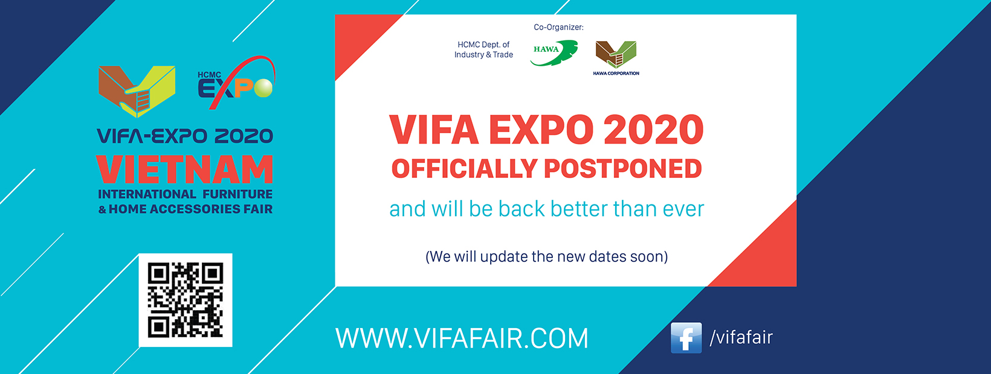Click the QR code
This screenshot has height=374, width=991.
(186, 300)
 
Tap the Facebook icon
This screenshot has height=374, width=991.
(686, 338)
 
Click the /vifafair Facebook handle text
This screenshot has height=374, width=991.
(741, 337)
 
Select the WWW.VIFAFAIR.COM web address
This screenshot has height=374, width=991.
(462, 338)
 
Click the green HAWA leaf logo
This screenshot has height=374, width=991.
(554, 53)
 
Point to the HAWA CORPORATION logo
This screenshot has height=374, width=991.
(616, 58)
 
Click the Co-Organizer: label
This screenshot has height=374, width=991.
(558, 27)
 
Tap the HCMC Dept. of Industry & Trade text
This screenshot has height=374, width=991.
(483, 49)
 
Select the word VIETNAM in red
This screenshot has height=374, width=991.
(184, 170)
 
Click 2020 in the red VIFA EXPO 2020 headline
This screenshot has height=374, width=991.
(653, 130)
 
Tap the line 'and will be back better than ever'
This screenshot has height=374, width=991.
(546, 209)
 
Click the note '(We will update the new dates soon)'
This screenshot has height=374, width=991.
(546, 256)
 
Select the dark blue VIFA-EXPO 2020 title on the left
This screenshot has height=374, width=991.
(185, 136)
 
